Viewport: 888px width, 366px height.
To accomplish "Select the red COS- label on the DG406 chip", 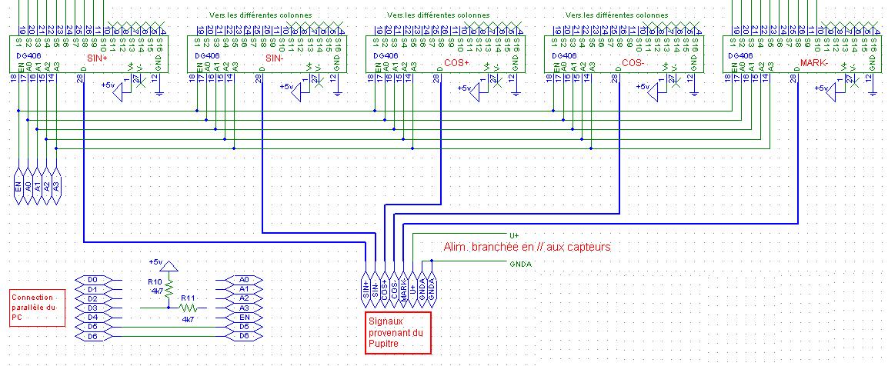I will coord(634,63).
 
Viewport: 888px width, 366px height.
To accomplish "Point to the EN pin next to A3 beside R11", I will coord(244,317).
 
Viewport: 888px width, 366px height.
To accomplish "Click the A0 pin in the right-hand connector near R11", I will coord(244,279).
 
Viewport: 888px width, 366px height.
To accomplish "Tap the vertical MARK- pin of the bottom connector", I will coord(403,288).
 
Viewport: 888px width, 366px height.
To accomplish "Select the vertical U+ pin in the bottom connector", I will coord(412,288).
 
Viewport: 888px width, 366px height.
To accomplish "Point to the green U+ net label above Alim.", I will coord(514,235).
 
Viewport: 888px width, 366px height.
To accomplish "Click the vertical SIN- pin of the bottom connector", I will coord(375,288).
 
